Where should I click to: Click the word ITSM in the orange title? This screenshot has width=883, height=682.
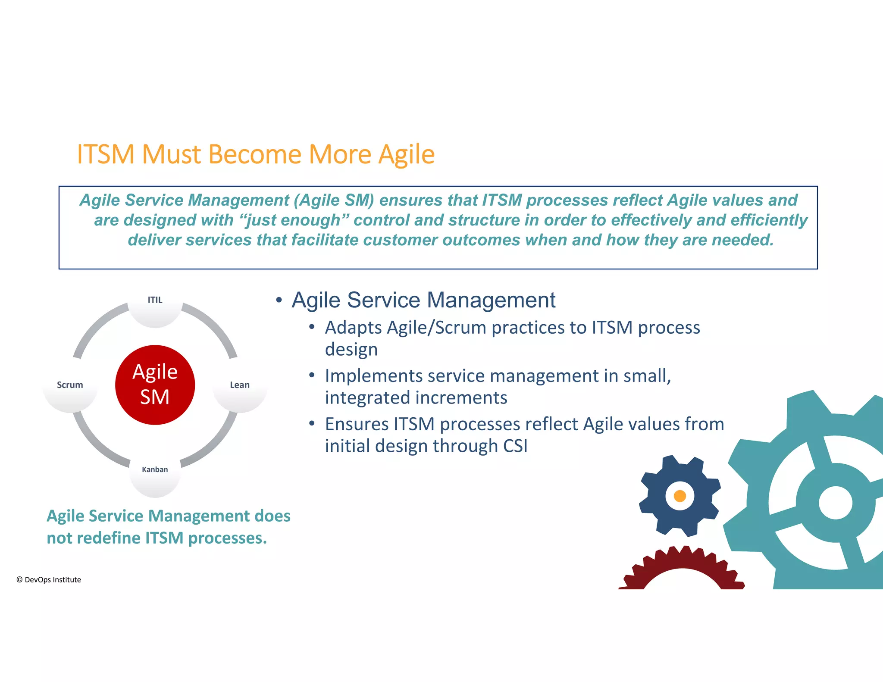coord(106,154)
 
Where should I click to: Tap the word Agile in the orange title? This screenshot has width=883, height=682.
coord(406,154)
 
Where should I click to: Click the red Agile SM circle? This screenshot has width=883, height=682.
coord(155,385)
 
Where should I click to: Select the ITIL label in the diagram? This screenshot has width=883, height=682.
coord(155,300)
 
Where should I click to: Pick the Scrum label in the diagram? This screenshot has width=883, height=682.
coord(70,385)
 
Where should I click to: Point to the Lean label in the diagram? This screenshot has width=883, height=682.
coord(240,385)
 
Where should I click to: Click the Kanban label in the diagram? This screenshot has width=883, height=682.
coord(155,469)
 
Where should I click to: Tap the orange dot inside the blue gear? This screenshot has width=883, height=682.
coord(680,496)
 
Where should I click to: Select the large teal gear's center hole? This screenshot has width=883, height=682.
coord(835,503)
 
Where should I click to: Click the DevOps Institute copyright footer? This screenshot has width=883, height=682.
coord(49,580)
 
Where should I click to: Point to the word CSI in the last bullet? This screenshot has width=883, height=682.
coord(515,446)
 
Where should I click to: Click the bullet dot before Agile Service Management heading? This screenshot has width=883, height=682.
coord(279,300)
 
